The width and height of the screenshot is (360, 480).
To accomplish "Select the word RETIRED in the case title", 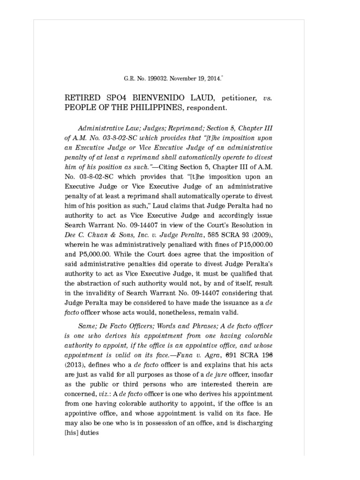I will (82, 98).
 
